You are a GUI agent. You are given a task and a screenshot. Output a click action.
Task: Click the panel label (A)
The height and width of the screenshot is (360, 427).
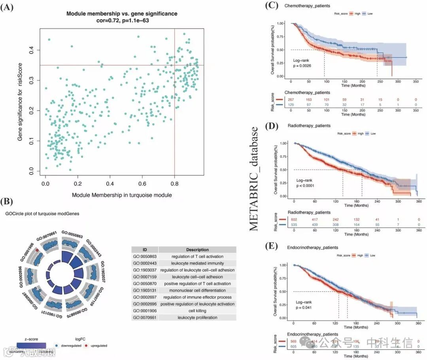click(x=8, y=8)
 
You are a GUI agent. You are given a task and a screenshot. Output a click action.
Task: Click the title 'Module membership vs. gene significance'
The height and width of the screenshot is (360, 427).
click(x=122, y=14)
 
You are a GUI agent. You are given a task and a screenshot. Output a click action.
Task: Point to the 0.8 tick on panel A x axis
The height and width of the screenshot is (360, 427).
click(x=174, y=183)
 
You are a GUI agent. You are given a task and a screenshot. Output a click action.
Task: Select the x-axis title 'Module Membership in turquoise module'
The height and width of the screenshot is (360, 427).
click(x=122, y=195)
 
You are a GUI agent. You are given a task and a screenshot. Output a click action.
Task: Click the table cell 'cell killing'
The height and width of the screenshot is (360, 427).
click(x=197, y=311)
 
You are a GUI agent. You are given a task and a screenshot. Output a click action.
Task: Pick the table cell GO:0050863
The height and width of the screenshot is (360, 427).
click(x=145, y=256)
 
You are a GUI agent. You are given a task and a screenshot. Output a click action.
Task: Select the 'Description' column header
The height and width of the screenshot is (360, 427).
click(x=197, y=250)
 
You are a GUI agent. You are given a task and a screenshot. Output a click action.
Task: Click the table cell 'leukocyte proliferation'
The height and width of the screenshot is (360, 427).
click(x=197, y=317)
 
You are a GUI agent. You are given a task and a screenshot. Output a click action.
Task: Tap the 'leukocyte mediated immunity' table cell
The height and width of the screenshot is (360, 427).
click(x=197, y=263)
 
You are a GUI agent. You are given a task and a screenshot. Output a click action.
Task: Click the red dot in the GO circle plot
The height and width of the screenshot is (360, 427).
click(x=37, y=251)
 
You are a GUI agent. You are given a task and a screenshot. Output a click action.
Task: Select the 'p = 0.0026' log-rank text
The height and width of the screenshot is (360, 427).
click(x=302, y=65)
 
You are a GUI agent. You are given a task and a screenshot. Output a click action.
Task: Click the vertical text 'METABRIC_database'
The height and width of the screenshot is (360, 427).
click(x=254, y=179)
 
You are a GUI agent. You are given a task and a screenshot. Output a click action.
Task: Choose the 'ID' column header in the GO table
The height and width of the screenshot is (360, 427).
click(x=145, y=250)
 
